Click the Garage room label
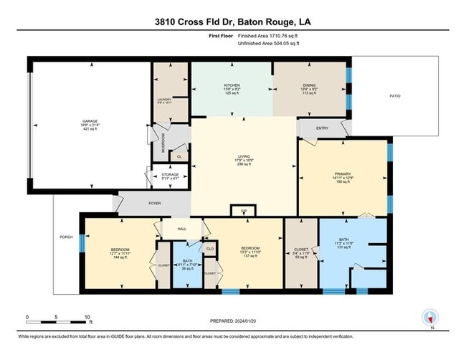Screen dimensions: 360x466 tap(90, 121)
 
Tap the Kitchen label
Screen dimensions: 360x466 tap(231, 85)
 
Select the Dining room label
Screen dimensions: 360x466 tap(309, 85)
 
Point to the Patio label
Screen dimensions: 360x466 tap(394, 95)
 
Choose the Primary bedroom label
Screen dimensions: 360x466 tap(342, 174)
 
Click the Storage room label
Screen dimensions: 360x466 tap(169, 174)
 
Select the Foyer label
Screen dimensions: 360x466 tap(154, 204)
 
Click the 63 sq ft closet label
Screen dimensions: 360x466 tap(300, 249)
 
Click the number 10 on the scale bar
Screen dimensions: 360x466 tap(87, 316)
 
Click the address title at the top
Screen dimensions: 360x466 tap(233, 22)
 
